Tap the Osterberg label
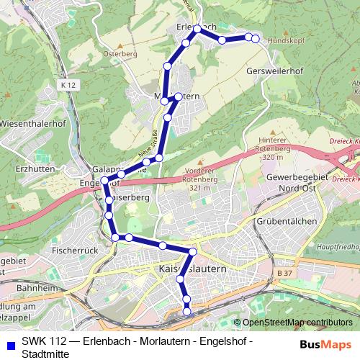click(120, 54)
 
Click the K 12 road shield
click(68, 85)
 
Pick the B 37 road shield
click(285, 274)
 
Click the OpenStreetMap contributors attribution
click(297, 323)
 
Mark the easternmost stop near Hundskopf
click(255, 38)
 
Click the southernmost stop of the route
click(187, 311)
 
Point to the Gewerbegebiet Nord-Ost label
click(297, 181)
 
